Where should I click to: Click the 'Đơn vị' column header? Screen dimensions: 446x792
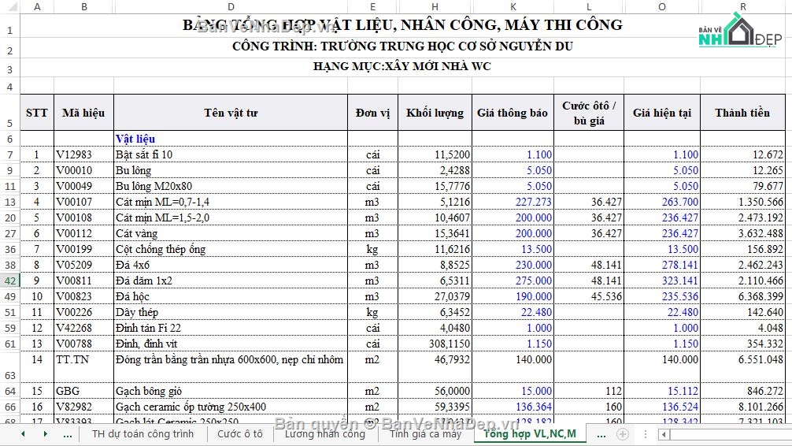372,113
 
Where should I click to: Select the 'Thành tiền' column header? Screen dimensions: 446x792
742,113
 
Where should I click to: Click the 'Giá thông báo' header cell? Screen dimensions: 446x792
512,113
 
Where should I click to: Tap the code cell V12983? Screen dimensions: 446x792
73,154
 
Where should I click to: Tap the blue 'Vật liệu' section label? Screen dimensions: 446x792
135,139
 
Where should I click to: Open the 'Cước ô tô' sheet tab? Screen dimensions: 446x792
240,434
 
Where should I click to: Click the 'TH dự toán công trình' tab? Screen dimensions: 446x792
142,434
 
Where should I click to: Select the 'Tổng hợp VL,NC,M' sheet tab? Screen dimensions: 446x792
529,434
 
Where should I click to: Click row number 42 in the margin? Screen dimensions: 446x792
10,281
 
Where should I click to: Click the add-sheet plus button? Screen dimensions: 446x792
622,434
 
